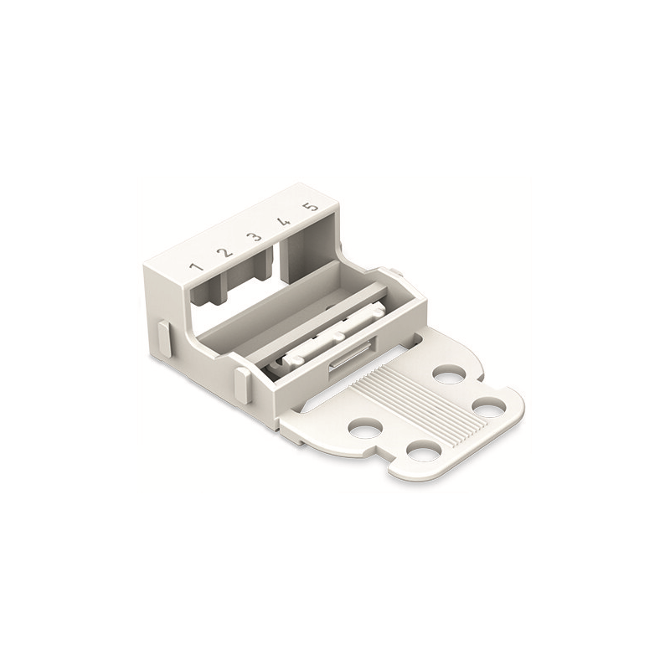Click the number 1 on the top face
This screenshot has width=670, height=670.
[x=196, y=267]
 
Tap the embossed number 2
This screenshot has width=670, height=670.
[x=224, y=253]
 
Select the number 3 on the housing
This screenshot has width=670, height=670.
[x=253, y=238]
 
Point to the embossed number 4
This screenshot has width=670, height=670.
[x=283, y=222]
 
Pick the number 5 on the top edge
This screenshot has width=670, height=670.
[x=311, y=207]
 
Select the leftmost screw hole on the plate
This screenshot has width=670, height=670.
[x=365, y=429]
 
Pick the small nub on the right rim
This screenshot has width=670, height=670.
[x=394, y=272]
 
